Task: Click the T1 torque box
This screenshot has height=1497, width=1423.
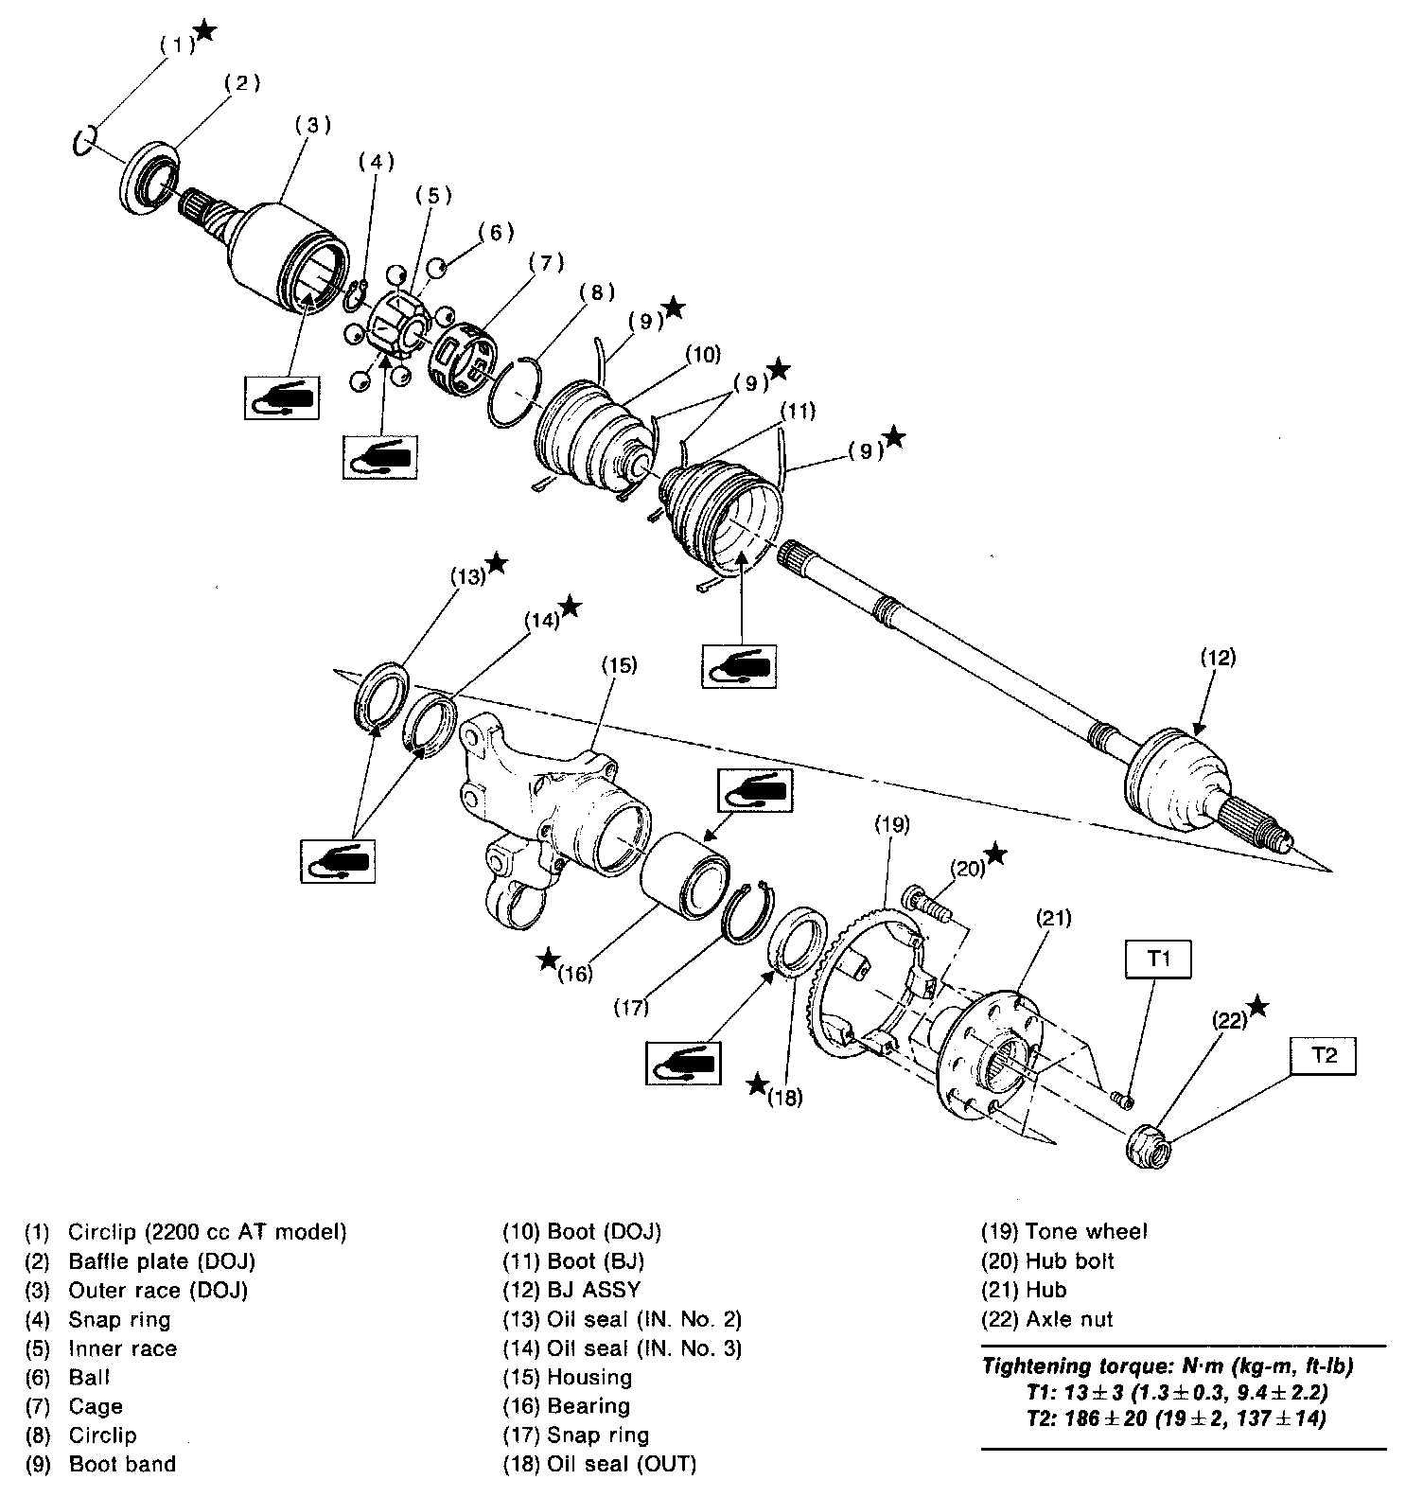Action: click(1159, 959)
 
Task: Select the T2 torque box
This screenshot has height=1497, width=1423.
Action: click(1324, 1056)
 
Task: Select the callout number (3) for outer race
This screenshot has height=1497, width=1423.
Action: click(313, 124)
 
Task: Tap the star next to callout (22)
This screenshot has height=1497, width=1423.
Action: click(1257, 1006)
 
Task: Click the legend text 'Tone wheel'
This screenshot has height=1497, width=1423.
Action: click(1086, 1231)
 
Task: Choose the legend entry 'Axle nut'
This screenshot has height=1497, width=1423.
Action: click(1069, 1318)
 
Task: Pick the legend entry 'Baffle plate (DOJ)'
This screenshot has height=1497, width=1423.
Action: click(161, 1260)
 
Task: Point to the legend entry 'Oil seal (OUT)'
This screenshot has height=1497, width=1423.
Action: click(621, 1464)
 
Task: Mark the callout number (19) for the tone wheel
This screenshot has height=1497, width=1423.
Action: click(892, 824)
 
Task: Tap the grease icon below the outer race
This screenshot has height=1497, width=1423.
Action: click(281, 397)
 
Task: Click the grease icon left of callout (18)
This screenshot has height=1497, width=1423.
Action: click(682, 1063)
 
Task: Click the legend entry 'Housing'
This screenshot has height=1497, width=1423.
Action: click(589, 1377)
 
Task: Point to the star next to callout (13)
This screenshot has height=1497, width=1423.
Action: click(497, 565)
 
